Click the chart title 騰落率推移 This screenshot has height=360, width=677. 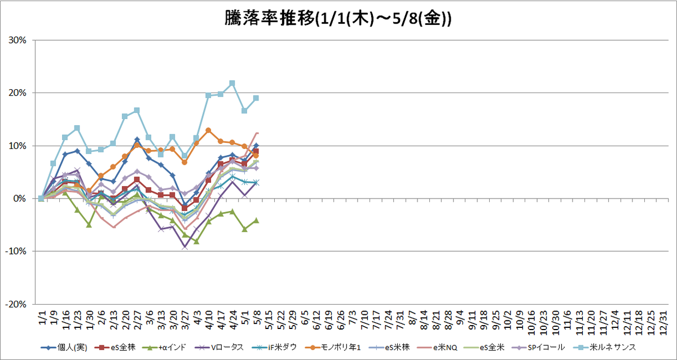270,19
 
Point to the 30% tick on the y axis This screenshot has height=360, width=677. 17,40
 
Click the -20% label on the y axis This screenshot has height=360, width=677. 16,304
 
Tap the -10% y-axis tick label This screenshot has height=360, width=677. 16,252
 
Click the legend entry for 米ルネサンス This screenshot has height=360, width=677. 605,348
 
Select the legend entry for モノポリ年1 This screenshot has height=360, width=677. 333,348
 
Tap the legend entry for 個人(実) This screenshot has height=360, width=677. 64,348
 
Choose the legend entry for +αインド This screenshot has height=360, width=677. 164,348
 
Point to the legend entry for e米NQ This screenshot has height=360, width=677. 437,348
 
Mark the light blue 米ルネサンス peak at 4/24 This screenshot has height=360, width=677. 232,84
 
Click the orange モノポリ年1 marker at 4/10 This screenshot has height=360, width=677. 208,130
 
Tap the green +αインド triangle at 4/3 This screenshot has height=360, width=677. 196,242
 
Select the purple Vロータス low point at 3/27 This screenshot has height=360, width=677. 185,247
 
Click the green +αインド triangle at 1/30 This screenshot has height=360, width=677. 89,225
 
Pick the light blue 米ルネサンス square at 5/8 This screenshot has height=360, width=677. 256,98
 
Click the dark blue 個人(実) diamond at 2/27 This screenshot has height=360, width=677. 137,139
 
